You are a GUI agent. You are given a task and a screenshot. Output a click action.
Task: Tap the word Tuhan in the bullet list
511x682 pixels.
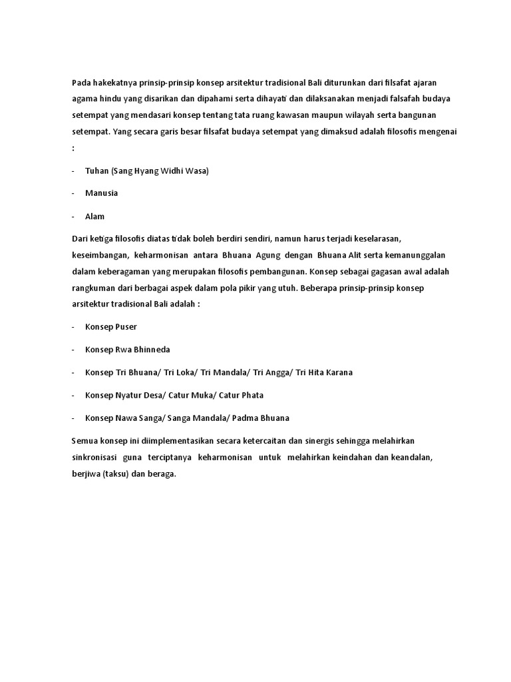[x=97, y=171]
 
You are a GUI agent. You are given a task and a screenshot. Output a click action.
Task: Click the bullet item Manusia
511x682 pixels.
[x=102, y=193]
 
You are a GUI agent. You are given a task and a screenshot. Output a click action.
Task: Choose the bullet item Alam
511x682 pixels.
[x=95, y=216]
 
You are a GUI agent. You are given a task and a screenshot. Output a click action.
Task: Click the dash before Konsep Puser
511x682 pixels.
[x=73, y=327]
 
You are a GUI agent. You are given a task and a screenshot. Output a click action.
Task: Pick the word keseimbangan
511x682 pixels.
[x=99, y=256]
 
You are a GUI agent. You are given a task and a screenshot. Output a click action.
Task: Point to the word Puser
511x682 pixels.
[x=126, y=327]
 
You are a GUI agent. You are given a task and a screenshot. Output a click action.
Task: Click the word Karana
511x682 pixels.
[x=337, y=372]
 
